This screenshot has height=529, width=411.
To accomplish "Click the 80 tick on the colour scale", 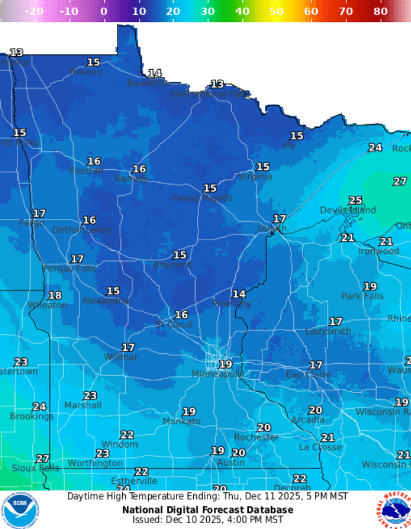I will pyautogui.click(x=380, y=11).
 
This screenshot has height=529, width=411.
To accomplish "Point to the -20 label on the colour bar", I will pyautogui.click(x=34, y=11).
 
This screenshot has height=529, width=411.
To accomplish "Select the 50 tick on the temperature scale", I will pyautogui.click(x=276, y=11).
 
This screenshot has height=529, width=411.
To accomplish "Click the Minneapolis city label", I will pyautogui.click(x=218, y=374).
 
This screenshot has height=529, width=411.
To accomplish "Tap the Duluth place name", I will pyautogui.click(x=272, y=228).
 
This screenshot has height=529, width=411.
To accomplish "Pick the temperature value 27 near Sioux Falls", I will pyautogui.click(x=43, y=458).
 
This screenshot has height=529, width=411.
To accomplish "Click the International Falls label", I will pyautogui.click(x=209, y=94).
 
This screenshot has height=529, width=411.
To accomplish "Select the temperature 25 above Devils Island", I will pyautogui.click(x=355, y=200).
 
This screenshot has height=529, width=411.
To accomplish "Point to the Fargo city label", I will pyautogui.click(x=32, y=223).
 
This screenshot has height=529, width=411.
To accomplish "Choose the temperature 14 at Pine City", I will pyautogui.click(x=239, y=294).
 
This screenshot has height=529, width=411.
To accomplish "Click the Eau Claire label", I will pyautogui.click(x=308, y=375).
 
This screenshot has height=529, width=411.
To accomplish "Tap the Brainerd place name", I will pyautogui.click(x=172, y=265).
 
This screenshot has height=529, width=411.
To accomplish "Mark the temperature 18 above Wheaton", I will pyautogui.click(x=55, y=295).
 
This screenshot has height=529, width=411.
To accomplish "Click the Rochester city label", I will pyautogui.click(x=256, y=437).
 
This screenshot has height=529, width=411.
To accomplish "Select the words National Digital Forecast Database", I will pyautogui.click(x=207, y=510).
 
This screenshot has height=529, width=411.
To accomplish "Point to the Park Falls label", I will pyautogui.click(x=362, y=296).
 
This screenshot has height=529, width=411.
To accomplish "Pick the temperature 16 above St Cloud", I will pyautogui.click(x=182, y=315).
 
